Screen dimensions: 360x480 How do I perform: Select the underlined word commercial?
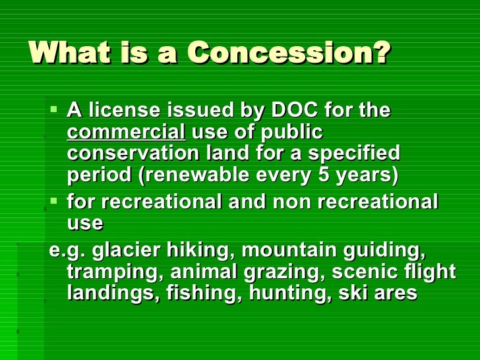coord(126,133)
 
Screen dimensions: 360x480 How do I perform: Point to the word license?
coord(125,110)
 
